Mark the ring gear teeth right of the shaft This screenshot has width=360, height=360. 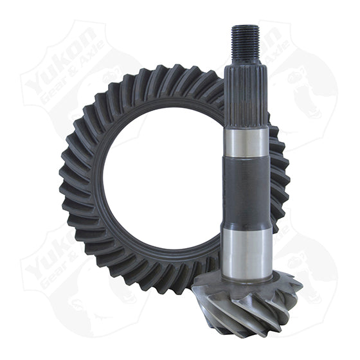[278, 180]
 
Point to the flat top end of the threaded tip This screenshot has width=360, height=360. [246, 26]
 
